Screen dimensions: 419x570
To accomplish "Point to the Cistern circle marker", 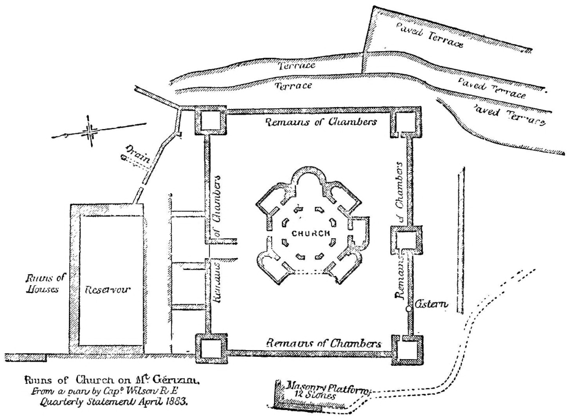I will tap(408, 309).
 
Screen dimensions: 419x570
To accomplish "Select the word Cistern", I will tap(431, 304).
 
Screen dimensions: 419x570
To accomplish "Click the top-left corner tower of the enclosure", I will tap(211, 122).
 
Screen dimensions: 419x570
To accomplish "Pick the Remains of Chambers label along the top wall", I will tap(321, 121).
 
